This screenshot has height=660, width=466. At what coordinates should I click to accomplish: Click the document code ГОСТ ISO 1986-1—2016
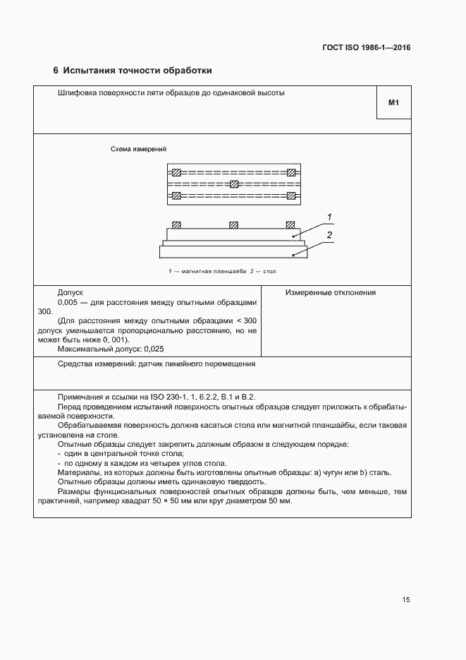(367, 48)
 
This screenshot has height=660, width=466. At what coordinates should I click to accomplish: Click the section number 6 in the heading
(56, 71)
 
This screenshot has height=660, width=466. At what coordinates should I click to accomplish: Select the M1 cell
(393, 103)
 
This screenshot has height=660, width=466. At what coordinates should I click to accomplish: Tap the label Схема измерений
(138, 149)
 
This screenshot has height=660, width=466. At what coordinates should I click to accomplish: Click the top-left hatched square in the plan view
(177, 172)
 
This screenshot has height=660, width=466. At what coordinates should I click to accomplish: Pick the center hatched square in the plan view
(234, 184)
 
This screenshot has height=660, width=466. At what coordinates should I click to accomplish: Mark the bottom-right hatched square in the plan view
(291, 196)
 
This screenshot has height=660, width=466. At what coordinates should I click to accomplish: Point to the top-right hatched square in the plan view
(291, 172)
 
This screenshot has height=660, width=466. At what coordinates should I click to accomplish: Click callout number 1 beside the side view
(329, 217)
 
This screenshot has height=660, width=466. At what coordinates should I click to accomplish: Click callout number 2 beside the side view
(329, 234)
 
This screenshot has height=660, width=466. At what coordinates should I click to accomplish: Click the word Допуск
(70, 292)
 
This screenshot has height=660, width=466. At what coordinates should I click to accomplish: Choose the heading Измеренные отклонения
(330, 292)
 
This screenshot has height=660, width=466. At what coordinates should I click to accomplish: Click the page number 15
(406, 600)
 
